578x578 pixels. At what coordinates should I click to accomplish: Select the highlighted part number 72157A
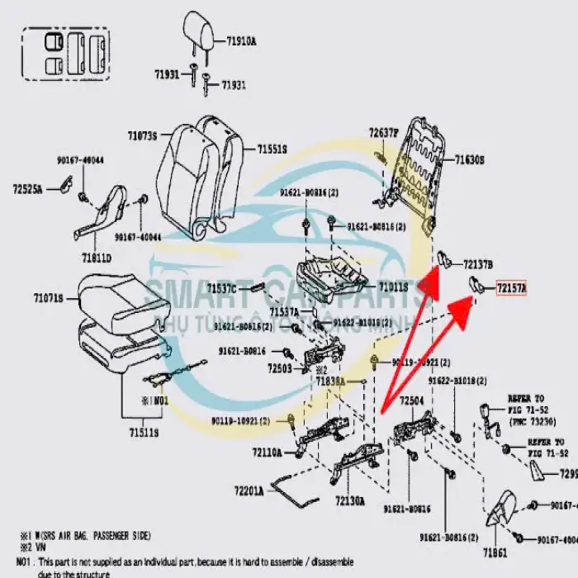[510, 288]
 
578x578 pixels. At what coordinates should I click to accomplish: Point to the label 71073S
[142, 135]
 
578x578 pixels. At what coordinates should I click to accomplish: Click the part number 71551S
[272, 149]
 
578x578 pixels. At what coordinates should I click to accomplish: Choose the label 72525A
[27, 190]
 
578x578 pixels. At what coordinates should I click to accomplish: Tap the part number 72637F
[383, 133]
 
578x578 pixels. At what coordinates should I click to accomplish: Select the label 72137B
[477, 264]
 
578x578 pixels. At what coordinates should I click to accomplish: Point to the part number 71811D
[96, 258]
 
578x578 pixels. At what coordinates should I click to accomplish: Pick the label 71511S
[142, 432]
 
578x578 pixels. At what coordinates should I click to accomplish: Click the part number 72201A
[248, 490]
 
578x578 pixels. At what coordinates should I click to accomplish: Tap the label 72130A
[350, 501]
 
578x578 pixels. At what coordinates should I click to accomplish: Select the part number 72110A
[266, 452]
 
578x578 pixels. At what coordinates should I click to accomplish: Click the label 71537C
[221, 288]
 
